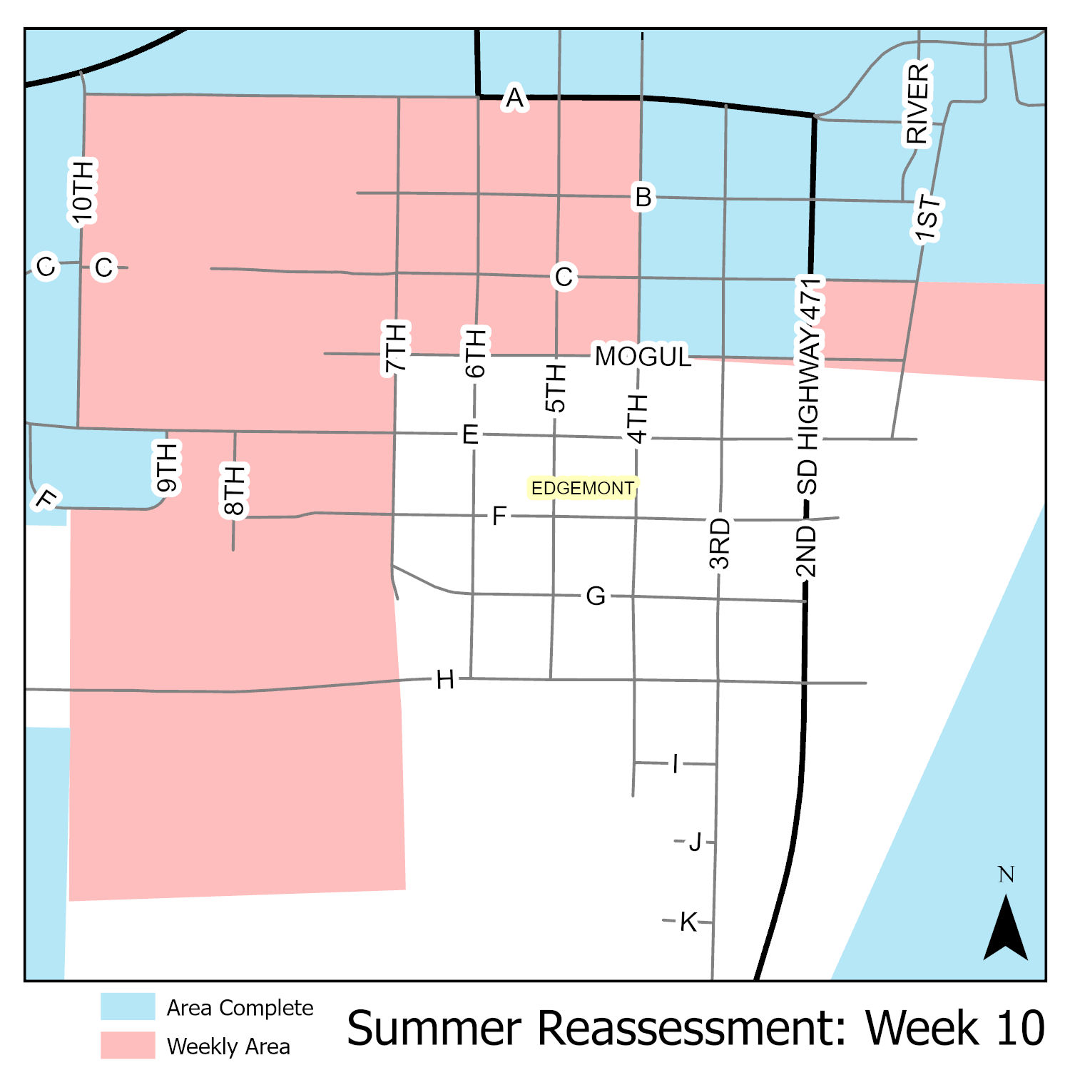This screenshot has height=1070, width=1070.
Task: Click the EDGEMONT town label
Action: coord(582,489)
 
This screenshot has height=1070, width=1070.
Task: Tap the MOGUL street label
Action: coord(643,356)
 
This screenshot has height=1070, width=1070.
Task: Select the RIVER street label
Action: coord(918,104)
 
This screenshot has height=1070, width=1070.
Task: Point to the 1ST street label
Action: coord(928,218)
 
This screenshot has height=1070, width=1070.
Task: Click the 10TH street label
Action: coord(83,191)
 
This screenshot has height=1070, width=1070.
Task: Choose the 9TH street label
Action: coord(167,468)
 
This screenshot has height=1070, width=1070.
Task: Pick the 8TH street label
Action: coord(234,489)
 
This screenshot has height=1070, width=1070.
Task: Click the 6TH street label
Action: coord(475,352)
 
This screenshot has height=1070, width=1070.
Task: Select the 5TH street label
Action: coord(555,388)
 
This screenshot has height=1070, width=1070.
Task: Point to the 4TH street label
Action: coord(637,418)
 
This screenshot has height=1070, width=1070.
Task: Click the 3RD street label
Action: coord(720,544)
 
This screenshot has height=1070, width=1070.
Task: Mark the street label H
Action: coord(445,681)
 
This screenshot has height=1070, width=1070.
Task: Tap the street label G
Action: coord(596,596)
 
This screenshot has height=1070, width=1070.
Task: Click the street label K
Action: coord(688,922)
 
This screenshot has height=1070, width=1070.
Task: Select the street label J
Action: coord(695,842)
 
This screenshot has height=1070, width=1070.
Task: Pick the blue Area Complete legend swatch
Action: coord(128,1007)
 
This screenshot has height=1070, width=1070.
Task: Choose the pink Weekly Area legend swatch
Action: coord(128,1045)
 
